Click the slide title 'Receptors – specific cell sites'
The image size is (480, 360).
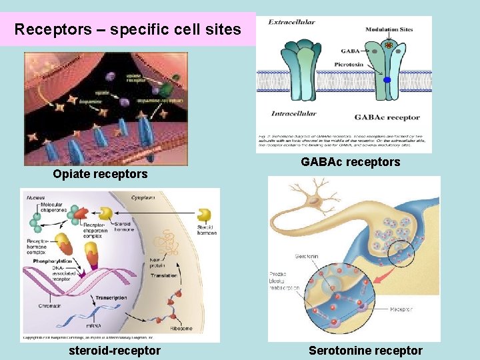(128, 30)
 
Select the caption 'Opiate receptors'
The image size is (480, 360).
(100, 174)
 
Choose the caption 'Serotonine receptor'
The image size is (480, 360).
(365, 351)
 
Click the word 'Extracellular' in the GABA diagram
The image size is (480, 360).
(291, 23)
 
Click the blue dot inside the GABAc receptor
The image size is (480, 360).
(387, 80)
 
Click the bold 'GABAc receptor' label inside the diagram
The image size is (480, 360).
(387, 118)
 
